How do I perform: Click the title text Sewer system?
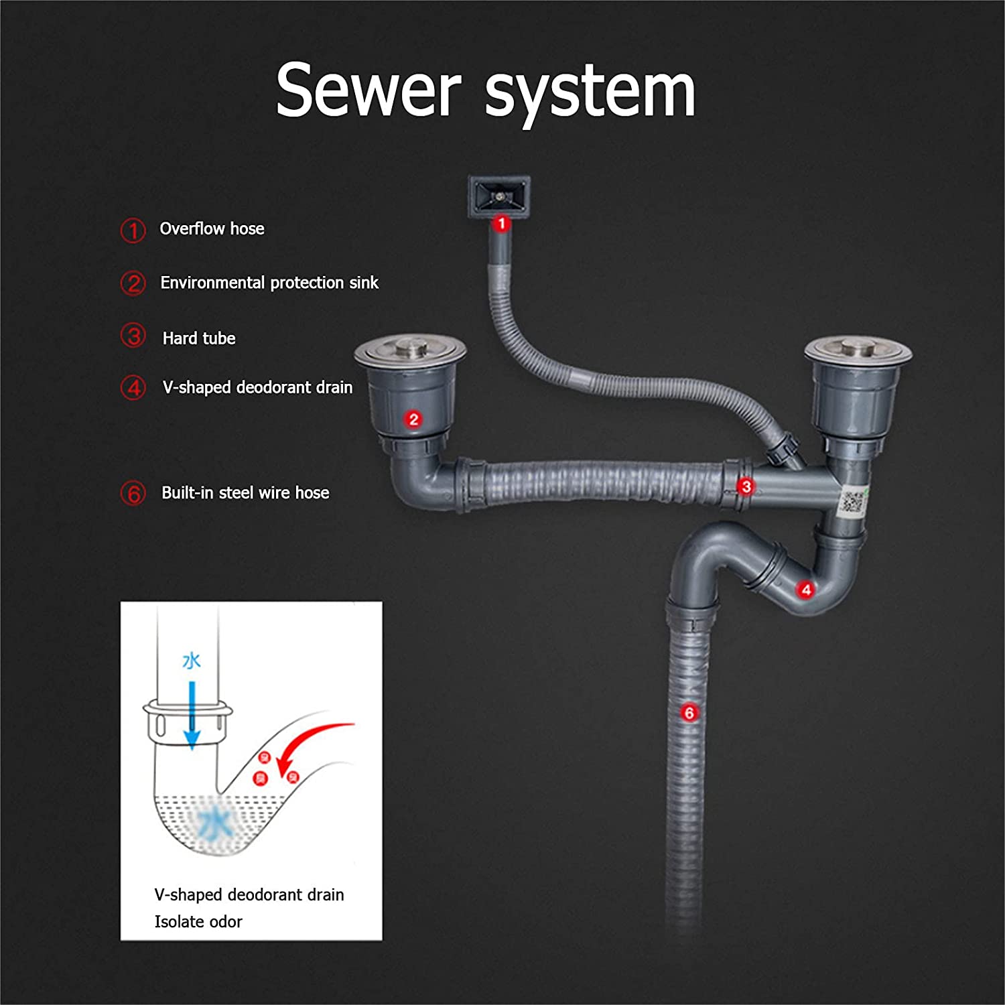pyautogui.click(x=485, y=90)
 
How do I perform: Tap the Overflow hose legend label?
pyautogui.click(x=212, y=229)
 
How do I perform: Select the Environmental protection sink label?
pyautogui.click(x=269, y=283)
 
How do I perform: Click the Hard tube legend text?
pyautogui.click(x=199, y=338)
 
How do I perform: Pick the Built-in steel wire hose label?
pyautogui.click(x=245, y=493)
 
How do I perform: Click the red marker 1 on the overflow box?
pyautogui.click(x=501, y=223)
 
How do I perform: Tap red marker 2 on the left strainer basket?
pyautogui.click(x=413, y=419)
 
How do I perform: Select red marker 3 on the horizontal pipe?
pyautogui.click(x=746, y=486)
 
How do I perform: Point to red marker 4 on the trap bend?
pyautogui.click(x=806, y=590)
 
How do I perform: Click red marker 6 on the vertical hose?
pyautogui.click(x=689, y=712)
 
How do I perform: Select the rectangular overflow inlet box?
pyautogui.click(x=499, y=196)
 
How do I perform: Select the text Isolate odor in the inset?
pyautogui.click(x=198, y=922)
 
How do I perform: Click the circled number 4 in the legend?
pyautogui.click(x=133, y=388)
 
